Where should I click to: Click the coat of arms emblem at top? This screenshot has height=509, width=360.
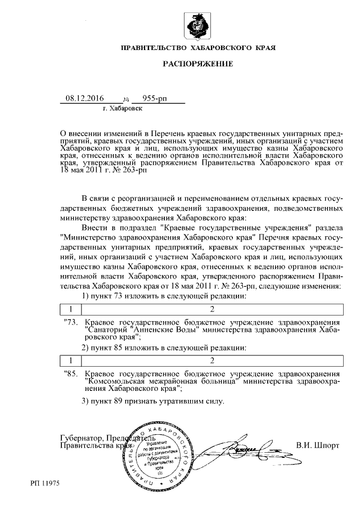coord(197,27)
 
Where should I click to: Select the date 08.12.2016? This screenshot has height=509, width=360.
coord(85,98)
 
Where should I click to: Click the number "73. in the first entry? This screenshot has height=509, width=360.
coord(72,322)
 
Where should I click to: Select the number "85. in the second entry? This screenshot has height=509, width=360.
coord(72,373)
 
